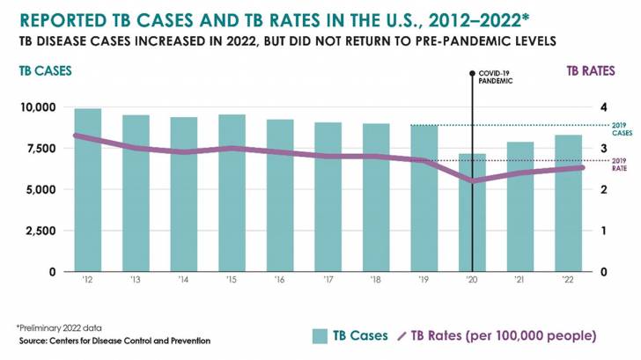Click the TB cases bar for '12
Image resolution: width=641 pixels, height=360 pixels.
[87, 189]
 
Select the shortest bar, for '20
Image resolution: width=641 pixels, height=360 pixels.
[473, 212]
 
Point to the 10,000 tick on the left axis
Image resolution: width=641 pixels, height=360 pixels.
[36, 107]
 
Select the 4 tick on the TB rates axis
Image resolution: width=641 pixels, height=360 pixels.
[604, 107]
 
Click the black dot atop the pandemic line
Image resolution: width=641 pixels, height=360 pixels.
[473, 73]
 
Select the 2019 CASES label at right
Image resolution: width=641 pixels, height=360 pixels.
[622, 129]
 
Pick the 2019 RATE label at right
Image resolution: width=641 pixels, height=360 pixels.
[620, 164]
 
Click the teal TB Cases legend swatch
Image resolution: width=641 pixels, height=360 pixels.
[320, 336]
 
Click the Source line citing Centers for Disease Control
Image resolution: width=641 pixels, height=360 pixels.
[114, 340]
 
